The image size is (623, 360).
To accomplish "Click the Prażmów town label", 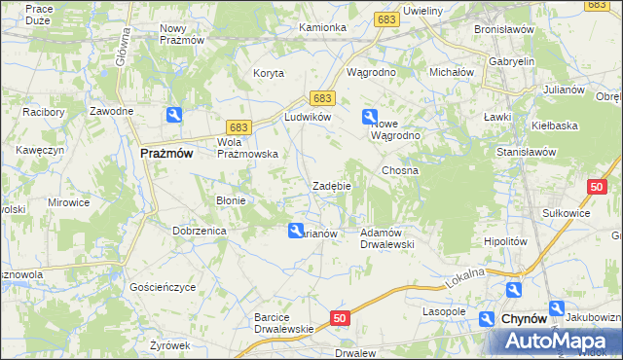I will pyautogui.click(x=167, y=153).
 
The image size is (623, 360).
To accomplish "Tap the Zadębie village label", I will pyautogui.click(x=331, y=186).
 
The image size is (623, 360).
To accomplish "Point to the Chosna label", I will pyautogui.click(x=400, y=170).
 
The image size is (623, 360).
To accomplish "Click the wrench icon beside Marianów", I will pyautogui.click(x=295, y=230).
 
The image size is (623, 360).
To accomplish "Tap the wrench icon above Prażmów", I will pyautogui.click(x=173, y=116).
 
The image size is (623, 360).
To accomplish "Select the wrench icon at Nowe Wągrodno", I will pyautogui.click(x=370, y=118).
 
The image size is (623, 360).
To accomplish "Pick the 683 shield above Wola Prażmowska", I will pyautogui.click(x=238, y=127).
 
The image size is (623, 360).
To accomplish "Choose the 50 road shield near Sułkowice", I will pyautogui.click(x=598, y=186).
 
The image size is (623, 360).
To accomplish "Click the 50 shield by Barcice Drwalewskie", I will pyautogui.click(x=339, y=318).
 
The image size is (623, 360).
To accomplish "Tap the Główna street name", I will pyautogui.click(x=123, y=46).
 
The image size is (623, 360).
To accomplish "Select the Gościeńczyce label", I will pyautogui.click(x=163, y=287).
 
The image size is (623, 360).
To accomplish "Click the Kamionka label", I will pyautogui.click(x=323, y=27).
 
